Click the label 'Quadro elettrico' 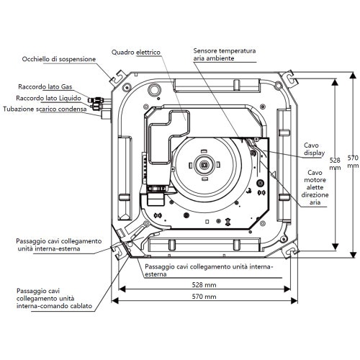[x=136, y=52]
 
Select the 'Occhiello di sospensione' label [x=59, y=59]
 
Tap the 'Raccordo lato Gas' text [x=45, y=86]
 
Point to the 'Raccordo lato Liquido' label [x=48, y=98]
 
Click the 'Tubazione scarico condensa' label [x=45, y=109]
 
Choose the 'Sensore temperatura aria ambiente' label [x=225, y=55]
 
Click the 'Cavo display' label [x=314, y=149]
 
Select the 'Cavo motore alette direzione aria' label [x=315, y=187]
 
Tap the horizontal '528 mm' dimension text [x=204, y=285]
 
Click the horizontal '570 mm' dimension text [x=204, y=297]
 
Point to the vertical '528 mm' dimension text [x=335, y=163]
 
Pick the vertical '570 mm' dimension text [x=353, y=161]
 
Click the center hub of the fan [x=204, y=165]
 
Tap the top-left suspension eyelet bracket [x=118, y=78]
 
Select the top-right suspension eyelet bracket [x=290, y=78]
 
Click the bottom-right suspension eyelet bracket [x=291, y=251]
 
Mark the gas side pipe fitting [x=99, y=100]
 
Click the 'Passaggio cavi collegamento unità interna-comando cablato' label [x=54, y=299]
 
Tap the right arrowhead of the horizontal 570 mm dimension [x=294, y=300]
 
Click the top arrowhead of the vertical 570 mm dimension [x=353, y=76]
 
